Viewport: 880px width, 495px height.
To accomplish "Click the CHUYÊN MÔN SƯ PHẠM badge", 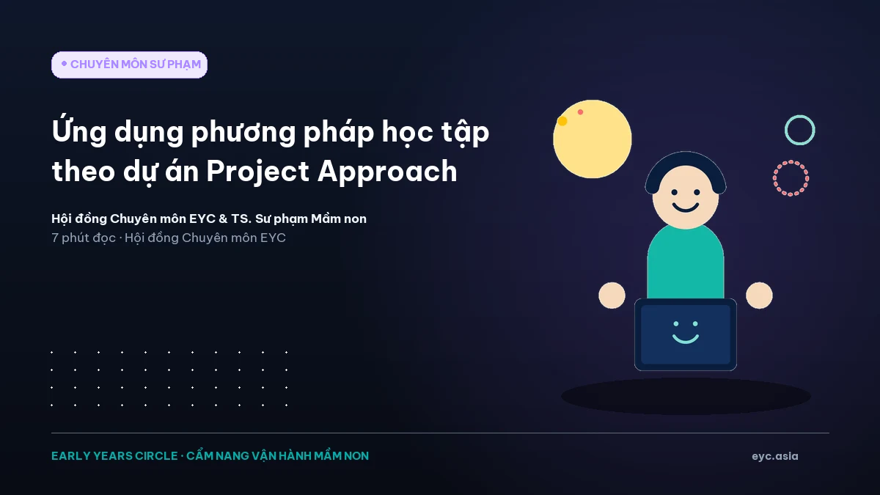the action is tap(129, 65).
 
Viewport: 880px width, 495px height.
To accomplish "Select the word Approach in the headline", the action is tap(387, 172).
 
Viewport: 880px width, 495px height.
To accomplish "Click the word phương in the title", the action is tap(243, 133).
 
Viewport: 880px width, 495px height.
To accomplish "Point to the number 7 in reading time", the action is tap(55, 238).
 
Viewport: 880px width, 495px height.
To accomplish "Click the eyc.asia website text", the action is tap(774, 456).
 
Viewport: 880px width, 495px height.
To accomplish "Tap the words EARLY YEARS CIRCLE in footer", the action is tap(114, 455).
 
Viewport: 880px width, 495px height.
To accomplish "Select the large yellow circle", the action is tap(593, 139).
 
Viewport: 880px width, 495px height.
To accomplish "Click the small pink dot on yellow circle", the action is tap(580, 112).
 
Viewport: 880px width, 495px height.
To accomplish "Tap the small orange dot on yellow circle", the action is tap(562, 121).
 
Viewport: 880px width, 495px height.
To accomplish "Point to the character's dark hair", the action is tap(686, 158).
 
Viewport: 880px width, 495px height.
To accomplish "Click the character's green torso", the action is tap(686, 263).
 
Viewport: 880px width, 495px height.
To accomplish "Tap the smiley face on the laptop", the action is tap(686, 332).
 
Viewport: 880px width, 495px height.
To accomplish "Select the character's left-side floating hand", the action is tap(612, 296).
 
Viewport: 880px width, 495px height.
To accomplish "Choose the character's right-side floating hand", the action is tap(759, 296).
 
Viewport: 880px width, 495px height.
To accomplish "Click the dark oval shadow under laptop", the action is tap(686, 396).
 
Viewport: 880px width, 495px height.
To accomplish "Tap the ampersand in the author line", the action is tap(223, 219).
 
